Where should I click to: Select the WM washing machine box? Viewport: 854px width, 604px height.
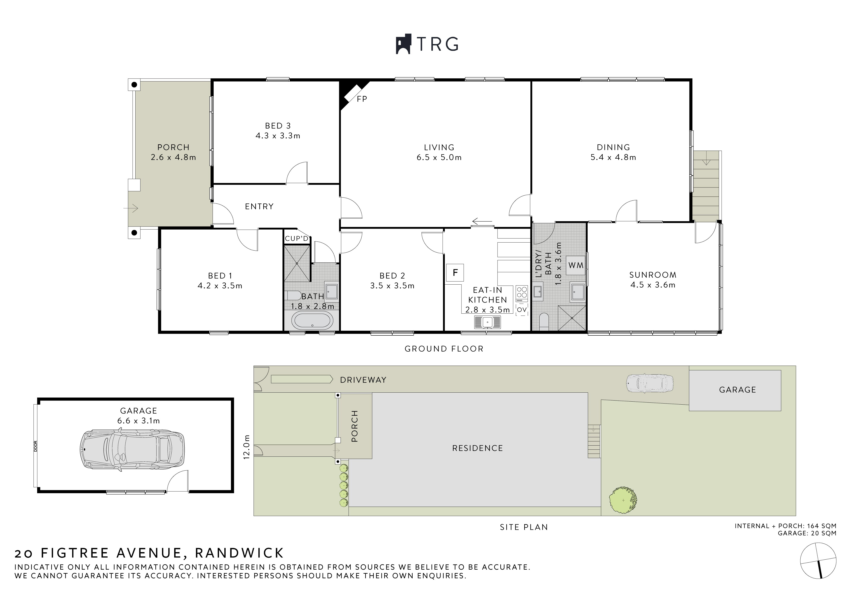pos(576,265)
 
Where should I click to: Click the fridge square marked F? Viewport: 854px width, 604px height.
pos(455,273)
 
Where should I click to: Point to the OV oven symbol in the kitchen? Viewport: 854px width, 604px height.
pos(522,310)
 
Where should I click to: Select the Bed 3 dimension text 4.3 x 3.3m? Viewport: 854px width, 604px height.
pos(278,136)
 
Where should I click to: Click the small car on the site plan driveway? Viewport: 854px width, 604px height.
pos(650,383)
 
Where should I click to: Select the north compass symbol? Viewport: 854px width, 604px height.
pos(818,566)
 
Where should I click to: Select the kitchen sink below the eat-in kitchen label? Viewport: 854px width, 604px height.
pos(488,322)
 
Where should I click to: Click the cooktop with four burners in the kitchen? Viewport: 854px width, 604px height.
pos(522,294)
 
